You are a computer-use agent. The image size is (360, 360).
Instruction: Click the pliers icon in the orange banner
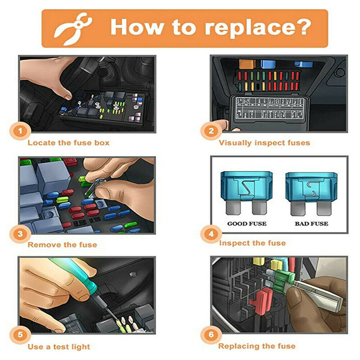(73, 28)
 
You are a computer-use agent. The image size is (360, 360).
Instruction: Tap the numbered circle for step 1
(20, 131)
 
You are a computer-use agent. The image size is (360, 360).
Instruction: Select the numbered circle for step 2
(211, 131)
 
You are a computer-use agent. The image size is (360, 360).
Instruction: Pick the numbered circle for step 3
(20, 234)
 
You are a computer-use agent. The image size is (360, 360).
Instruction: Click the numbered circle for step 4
(211, 234)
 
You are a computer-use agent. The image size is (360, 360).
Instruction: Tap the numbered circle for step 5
(20, 334)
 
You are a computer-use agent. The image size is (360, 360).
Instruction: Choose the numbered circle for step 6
(211, 334)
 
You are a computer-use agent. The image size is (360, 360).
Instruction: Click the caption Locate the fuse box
(68, 143)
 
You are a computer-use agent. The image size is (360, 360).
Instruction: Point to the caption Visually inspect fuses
(264, 143)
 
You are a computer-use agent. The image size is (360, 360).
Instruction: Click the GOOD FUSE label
(247, 224)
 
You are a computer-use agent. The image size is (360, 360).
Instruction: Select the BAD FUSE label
(311, 224)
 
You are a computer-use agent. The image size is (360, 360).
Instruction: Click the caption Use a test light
(59, 347)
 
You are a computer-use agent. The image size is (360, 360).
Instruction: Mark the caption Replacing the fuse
(257, 346)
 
